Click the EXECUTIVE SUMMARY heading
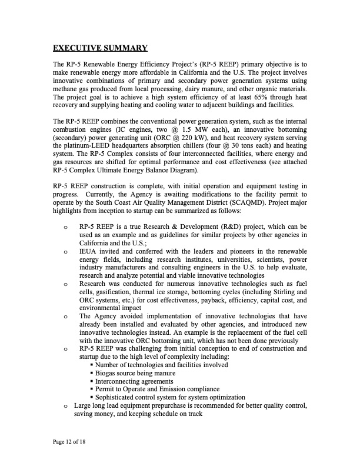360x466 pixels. pyautogui.click(x=99, y=47)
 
